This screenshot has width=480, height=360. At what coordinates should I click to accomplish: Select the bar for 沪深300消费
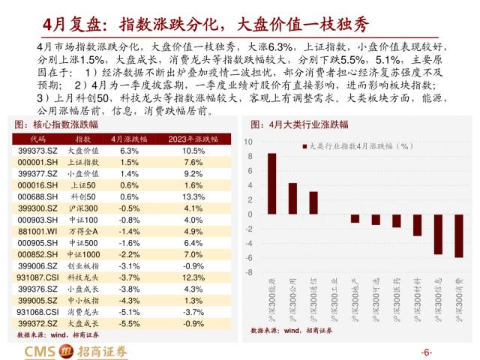pos(459,235)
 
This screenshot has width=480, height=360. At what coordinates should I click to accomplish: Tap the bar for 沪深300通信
pos(313,202)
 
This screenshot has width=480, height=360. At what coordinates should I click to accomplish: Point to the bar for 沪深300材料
pos(417,225)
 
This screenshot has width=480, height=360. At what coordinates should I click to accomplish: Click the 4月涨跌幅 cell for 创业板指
pos(129,265)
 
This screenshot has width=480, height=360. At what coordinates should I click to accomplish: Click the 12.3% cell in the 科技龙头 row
pos(193,276)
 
